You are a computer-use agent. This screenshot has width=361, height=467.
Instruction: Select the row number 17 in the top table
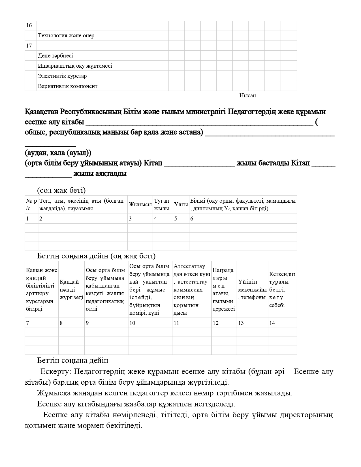[29, 46]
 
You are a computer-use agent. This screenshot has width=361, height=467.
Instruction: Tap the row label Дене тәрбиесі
[55, 56]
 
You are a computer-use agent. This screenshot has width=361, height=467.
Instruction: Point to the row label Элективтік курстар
[62, 76]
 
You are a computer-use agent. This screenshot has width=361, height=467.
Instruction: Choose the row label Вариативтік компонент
[68, 86]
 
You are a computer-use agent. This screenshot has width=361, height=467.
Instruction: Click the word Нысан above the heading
[247, 96]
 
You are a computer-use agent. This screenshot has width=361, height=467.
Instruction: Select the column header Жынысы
[140, 205]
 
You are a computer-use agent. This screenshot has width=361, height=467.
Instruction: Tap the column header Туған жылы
[162, 205]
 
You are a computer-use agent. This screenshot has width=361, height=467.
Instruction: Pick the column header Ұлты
[181, 205]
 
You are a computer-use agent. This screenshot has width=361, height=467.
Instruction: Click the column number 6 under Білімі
[192, 218]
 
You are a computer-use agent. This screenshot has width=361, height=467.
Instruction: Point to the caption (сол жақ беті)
[61, 190]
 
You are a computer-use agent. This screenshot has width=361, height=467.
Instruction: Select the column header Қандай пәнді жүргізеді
[71, 290]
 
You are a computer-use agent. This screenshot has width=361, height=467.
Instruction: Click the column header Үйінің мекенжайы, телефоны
[252, 290]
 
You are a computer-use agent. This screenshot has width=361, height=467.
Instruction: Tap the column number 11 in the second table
[176, 323]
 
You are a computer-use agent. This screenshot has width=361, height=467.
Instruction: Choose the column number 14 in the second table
[272, 323]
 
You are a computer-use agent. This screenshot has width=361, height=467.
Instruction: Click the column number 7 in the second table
[27, 323]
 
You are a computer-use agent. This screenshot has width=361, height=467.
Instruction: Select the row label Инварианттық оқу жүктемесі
[75, 66]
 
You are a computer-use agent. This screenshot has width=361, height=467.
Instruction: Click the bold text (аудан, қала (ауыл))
[58, 153]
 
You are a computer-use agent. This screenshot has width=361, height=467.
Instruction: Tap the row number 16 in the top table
[29, 25]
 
